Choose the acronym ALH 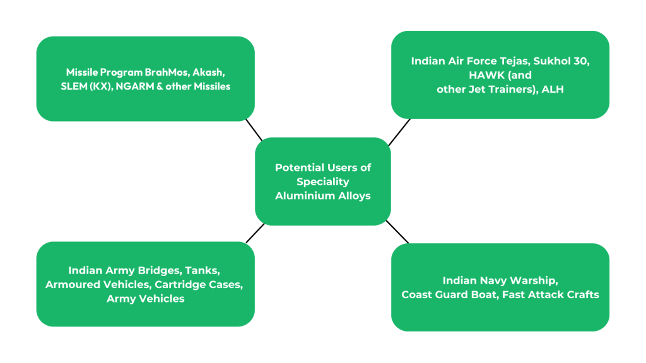(x=553, y=89)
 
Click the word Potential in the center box (x=300, y=168)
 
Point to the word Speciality (x=323, y=181)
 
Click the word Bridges (x=155, y=270)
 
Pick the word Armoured (x=70, y=285)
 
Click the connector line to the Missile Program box (x=254, y=130)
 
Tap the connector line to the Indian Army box (x=255, y=233)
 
